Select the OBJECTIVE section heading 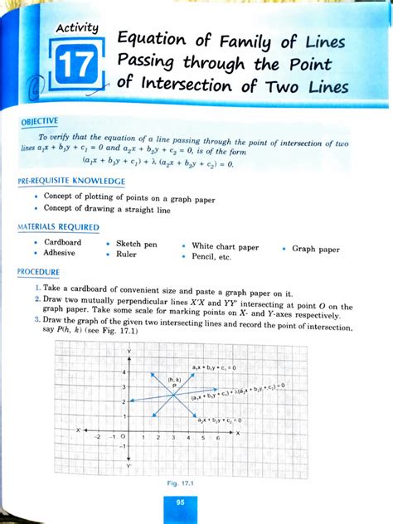point(41,121)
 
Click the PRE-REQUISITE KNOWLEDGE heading point(72,181)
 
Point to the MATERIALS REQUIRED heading point(59,226)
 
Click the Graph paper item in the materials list point(316,249)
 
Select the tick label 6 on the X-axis point(217,436)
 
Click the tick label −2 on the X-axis point(98,435)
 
